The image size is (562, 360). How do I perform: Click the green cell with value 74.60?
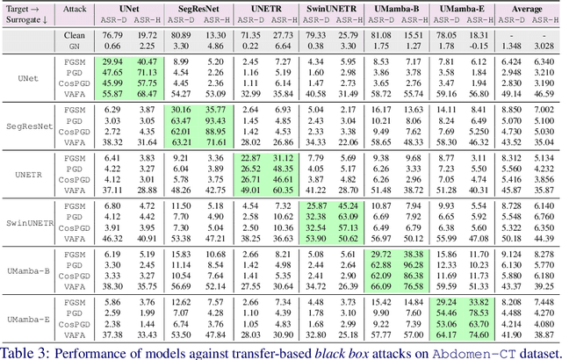coord(478,335)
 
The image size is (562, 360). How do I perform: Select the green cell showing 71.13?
coord(147,70)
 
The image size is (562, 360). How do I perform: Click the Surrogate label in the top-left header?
coord(22,18)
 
